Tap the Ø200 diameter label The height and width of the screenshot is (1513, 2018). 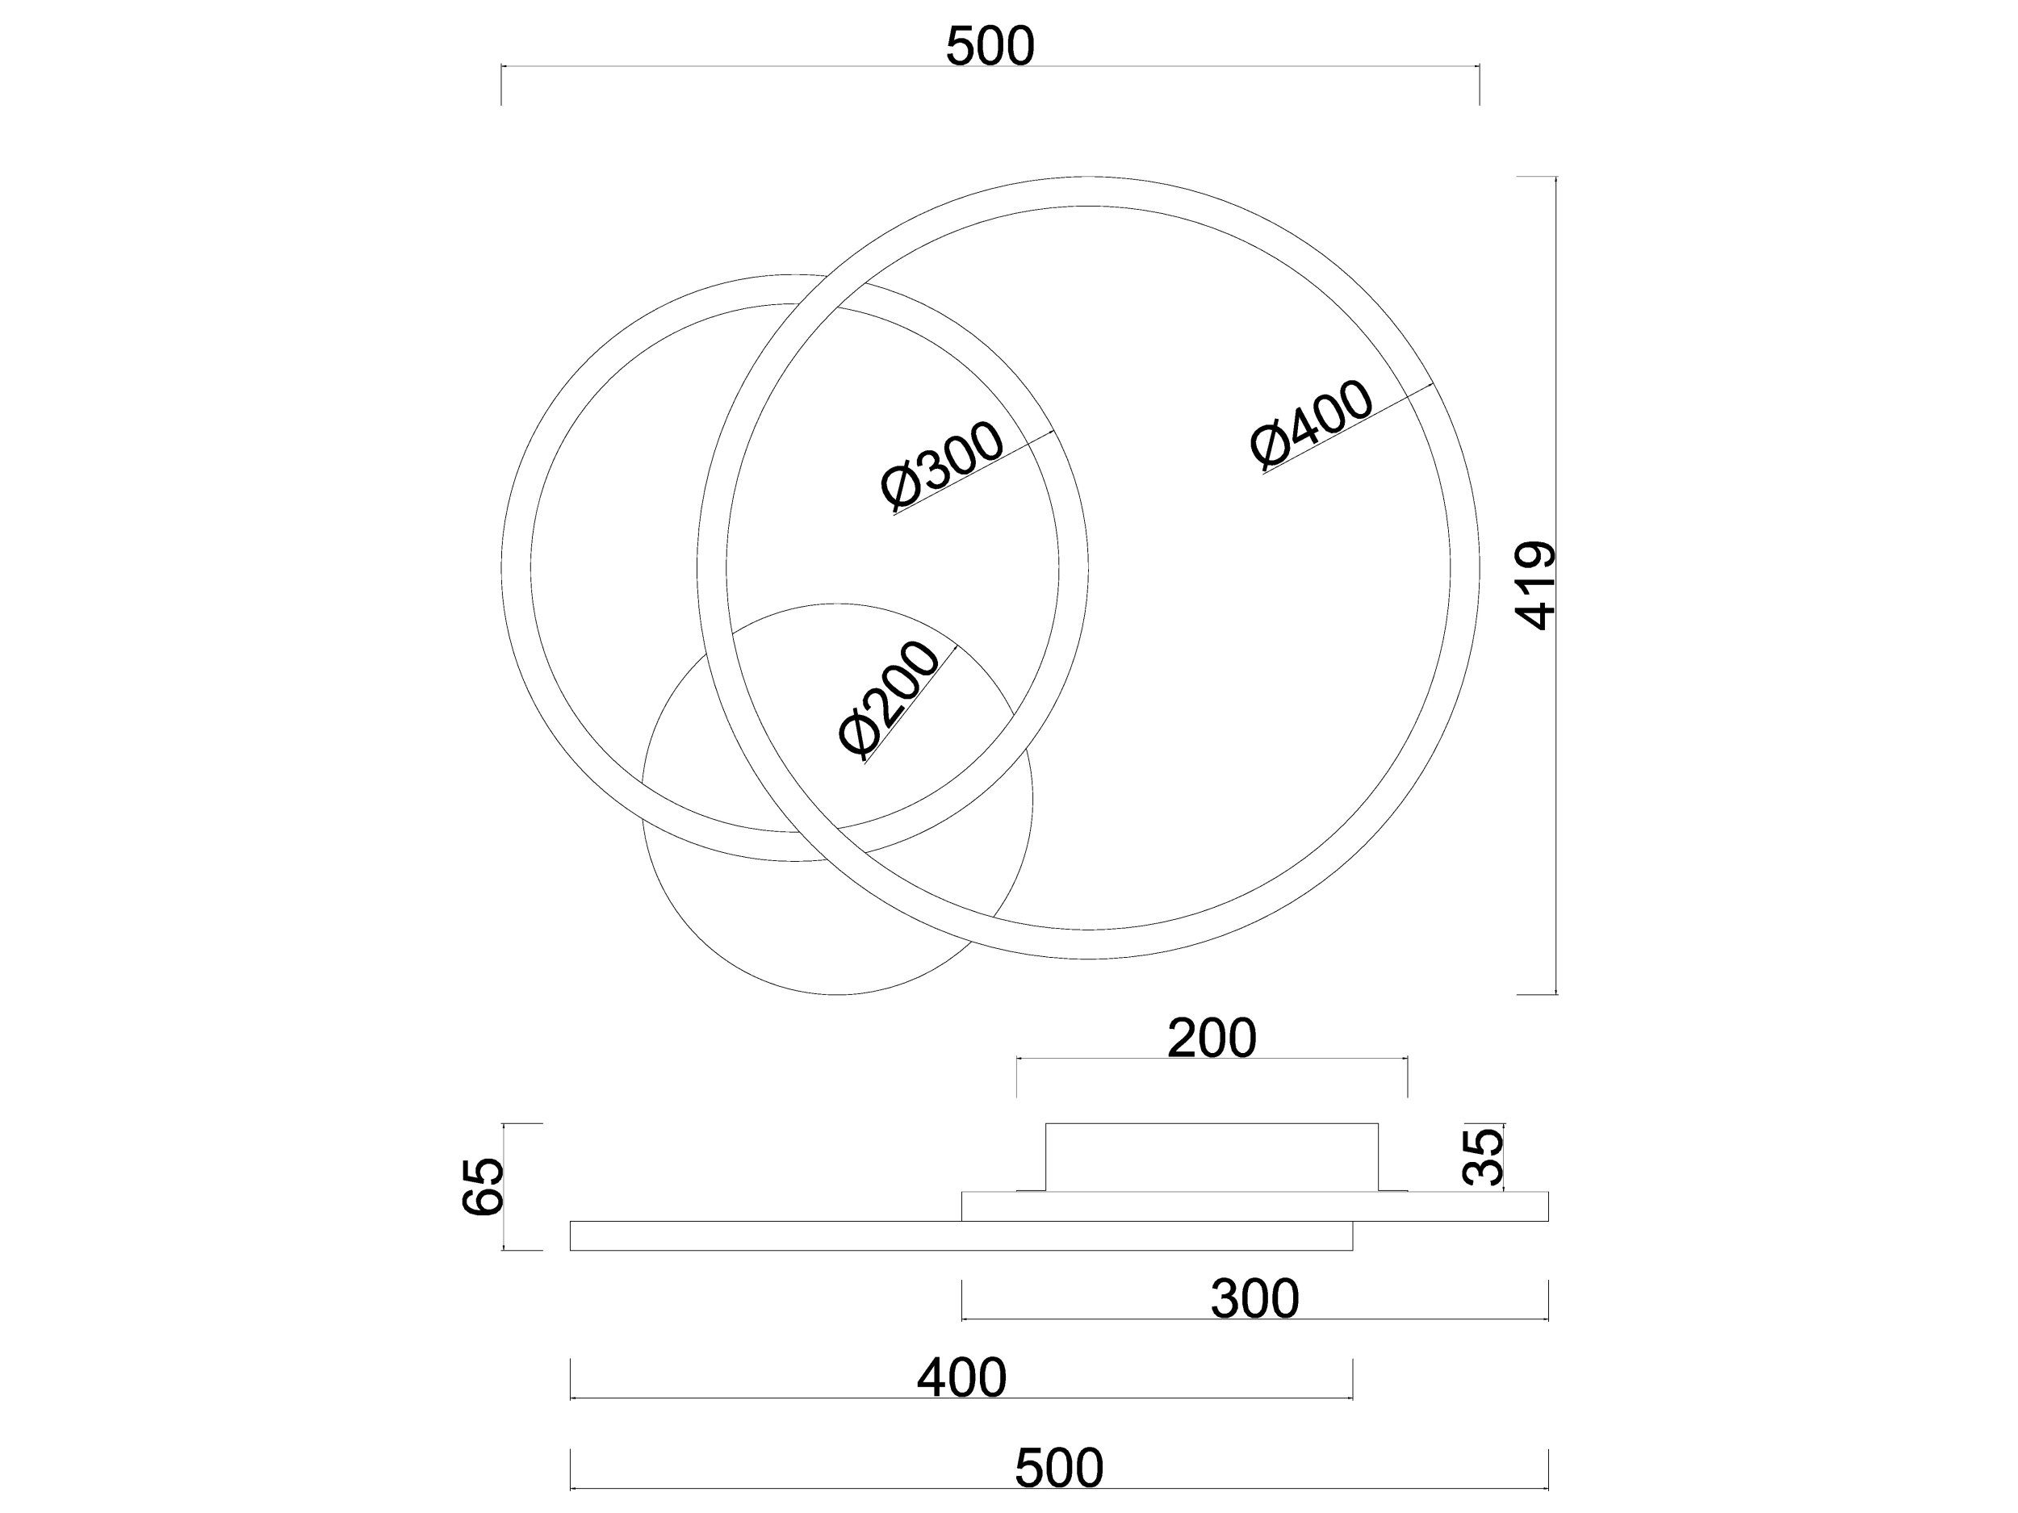point(889,700)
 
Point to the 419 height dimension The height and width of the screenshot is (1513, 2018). point(1534,586)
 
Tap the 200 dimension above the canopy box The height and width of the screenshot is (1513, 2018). point(1212,1038)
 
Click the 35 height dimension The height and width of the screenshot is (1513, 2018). point(1483,1156)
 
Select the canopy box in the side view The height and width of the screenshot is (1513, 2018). point(1212,1157)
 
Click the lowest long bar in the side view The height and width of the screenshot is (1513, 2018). point(961,1235)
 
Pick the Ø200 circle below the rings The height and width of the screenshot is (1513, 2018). point(838,799)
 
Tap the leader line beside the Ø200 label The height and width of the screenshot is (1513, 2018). point(911,703)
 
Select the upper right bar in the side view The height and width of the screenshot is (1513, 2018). point(1255,1206)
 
